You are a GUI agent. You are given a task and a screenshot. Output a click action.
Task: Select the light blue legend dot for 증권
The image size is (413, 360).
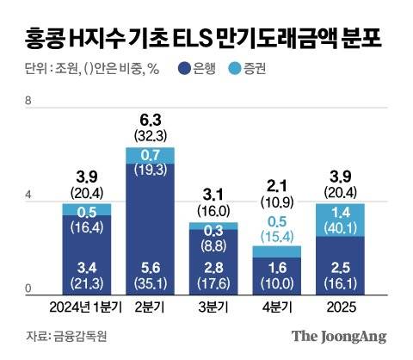[x=234, y=69]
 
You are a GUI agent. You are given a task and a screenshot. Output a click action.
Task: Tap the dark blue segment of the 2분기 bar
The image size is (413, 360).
[x=151, y=228]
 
